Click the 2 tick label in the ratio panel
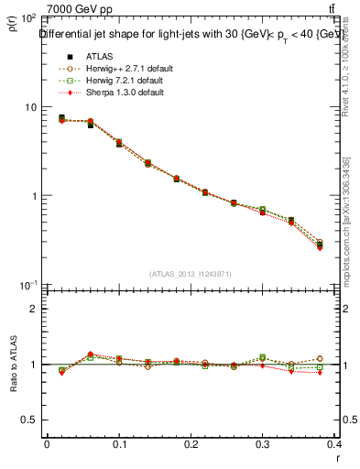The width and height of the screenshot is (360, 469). (x=34, y=309)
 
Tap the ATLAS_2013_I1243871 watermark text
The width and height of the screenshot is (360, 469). (x=191, y=274)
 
